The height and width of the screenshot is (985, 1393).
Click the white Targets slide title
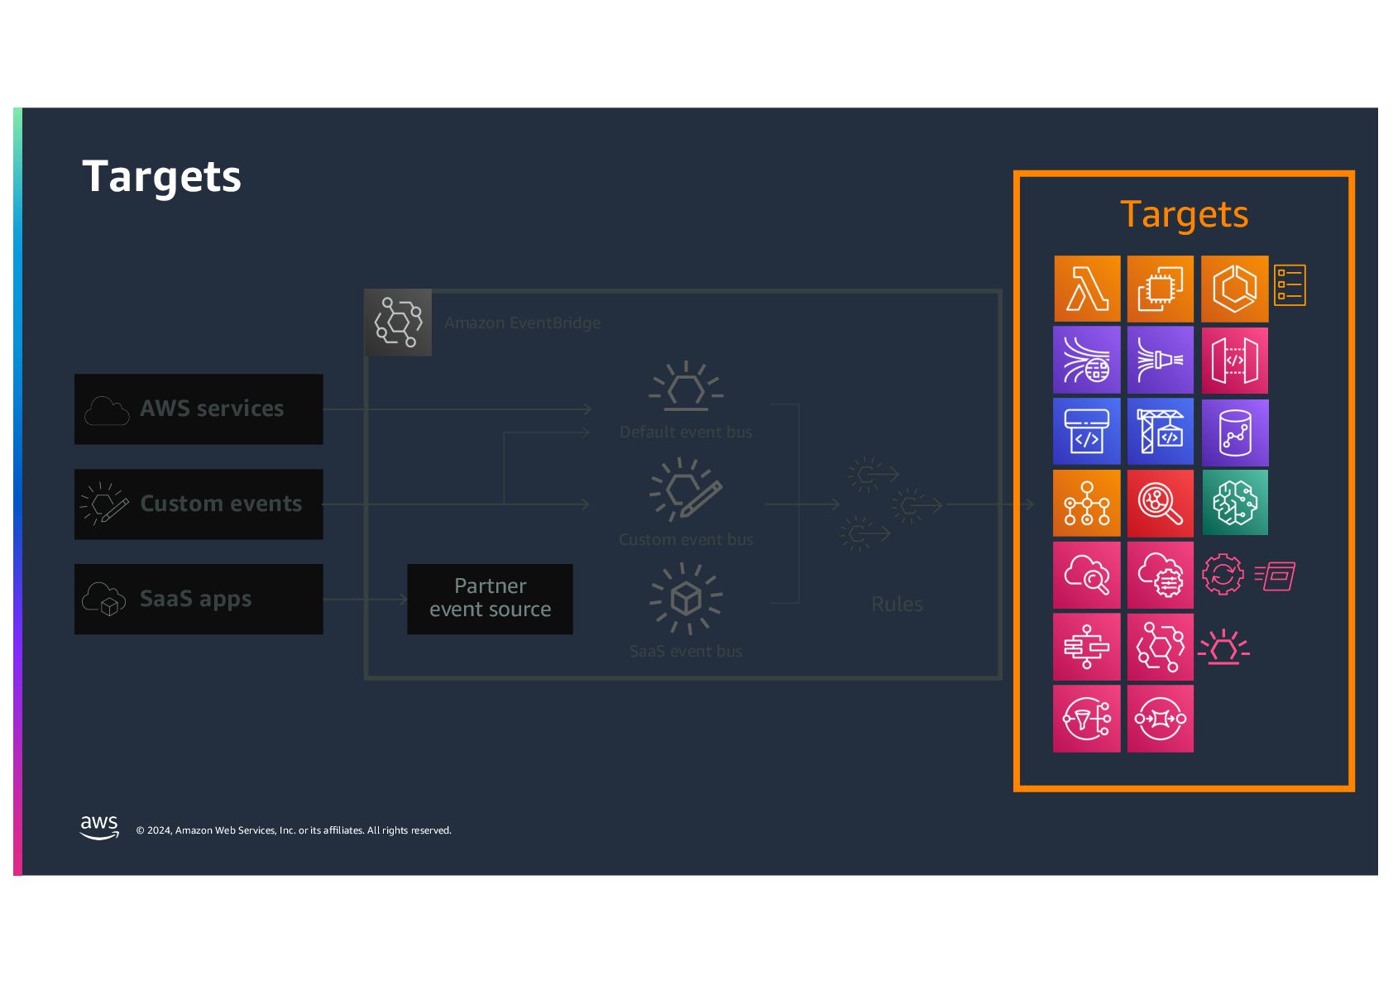pyautogui.click(x=161, y=177)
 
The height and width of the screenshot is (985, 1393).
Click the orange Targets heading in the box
pyautogui.click(x=1183, y=215)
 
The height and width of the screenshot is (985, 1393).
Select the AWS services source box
pyautogui.click(x=199, y=409)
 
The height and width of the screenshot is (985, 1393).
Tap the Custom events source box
pyautogui.click(x=199, y=504)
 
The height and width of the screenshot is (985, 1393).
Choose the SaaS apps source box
pyautogui.click(x=199, y=599)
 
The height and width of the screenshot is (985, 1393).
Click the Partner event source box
pyautogui.click(x=490, y=598)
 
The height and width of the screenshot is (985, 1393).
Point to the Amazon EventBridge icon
pyautogui.click(x=398, y=323)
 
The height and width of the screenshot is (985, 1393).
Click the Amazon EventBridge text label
pyautogui.click(x=522, y=323)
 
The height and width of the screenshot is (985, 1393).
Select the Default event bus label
pyautogui.click(x=686, y=432)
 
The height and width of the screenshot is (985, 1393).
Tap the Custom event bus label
pyautogui.click(x=686, y=539)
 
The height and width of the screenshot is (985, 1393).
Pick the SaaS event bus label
pyautogui.click(x=686, y=651)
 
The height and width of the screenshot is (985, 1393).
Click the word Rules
pyautogui.click(x=897, y=605)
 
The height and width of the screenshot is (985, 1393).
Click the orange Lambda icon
pyautogui.click(x=1087, y=289)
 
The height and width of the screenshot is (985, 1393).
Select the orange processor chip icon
pyautogui.click(x=1160, y=289)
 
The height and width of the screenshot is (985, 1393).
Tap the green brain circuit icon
pyautogui.click(x=1234, y=502)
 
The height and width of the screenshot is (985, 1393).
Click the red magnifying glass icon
pyautogui.click(x=1160, y=503)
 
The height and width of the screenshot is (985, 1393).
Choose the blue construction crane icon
pyautogui.click(x=1160, y=431)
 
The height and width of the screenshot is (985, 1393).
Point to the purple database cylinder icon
pyautogui.click(x=1234, y=432)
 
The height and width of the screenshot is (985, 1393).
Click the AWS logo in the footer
pyautogui.click(x=99, y=827)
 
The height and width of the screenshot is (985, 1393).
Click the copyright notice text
pyautogui.click(x=294, y=830)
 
